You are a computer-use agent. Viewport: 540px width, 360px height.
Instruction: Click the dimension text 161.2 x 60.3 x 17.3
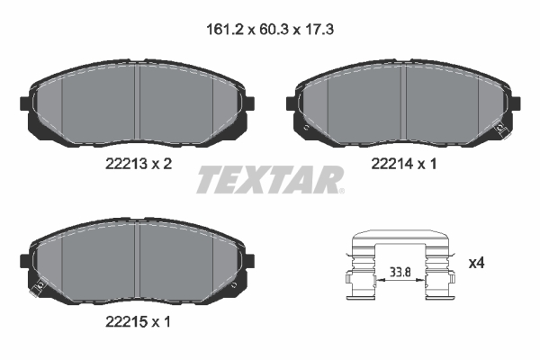(270, 29)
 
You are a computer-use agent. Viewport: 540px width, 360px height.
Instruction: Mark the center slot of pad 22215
(138, 258)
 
